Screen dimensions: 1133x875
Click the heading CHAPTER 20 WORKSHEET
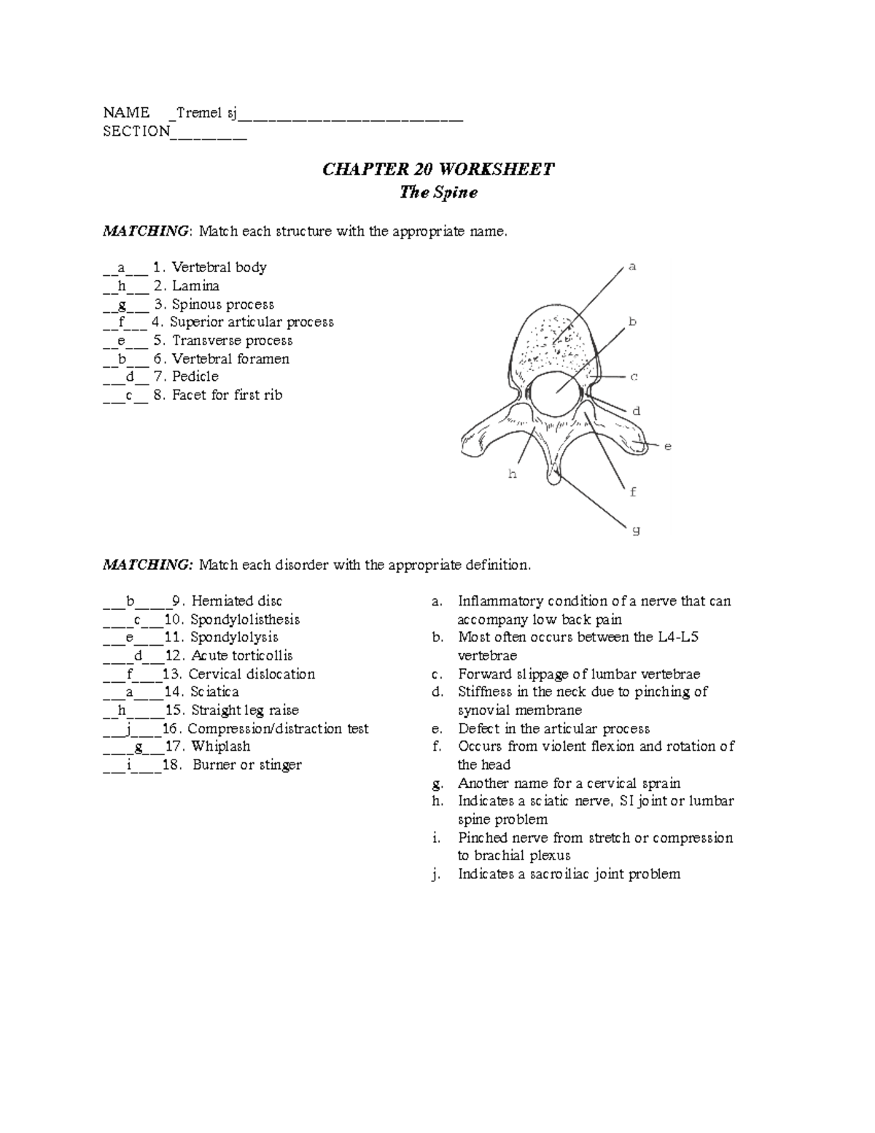438,169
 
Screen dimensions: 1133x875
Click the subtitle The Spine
438,193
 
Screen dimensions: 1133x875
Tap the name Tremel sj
204,112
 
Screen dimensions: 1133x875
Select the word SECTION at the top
136,131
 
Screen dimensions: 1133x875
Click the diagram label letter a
632,267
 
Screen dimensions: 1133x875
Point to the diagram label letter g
636,530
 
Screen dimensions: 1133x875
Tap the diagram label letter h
512,474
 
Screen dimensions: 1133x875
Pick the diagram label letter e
667,445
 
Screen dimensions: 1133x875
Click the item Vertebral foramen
230,359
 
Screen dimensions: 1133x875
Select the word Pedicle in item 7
195,376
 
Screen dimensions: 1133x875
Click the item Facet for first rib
227,395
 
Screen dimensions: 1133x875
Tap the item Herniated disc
236,601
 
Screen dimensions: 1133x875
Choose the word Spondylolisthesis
245,619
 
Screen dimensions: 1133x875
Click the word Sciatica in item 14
214,692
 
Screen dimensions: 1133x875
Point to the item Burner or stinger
247,765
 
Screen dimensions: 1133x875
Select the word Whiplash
220,746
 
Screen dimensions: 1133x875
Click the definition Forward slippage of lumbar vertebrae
579,674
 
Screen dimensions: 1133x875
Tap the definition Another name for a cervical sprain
569,783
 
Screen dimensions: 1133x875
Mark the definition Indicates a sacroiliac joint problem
569,874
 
